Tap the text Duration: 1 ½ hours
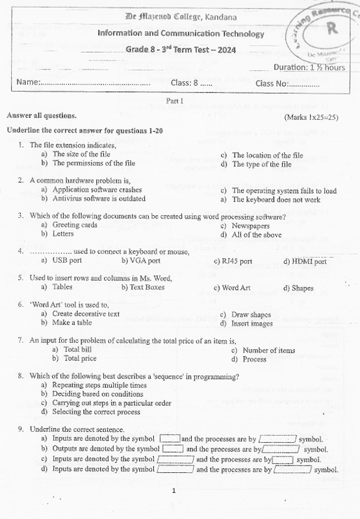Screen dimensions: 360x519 [x=309, y=68]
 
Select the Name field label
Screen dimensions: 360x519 [x=29, y=83]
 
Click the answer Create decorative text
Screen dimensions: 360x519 [x=86, y=313]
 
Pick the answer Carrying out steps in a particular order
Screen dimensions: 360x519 [x=111, y=403]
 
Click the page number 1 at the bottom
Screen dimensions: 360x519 [x=174, y=490]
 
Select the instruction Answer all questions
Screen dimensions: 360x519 [x=41, y=116]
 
